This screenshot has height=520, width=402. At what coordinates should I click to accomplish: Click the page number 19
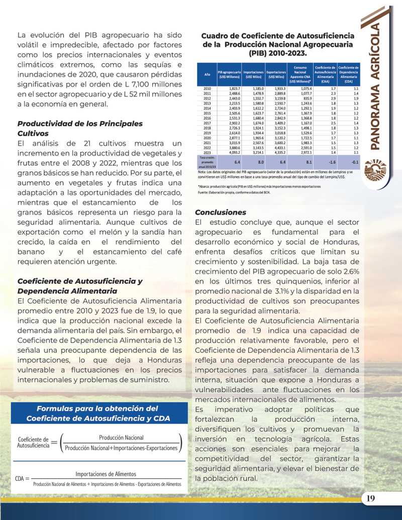point(371,498)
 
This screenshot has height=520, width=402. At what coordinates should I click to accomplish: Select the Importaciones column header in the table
point(256,74)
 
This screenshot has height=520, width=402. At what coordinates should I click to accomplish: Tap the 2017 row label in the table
point(207,122)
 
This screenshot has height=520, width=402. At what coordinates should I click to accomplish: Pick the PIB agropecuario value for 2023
point(233,151)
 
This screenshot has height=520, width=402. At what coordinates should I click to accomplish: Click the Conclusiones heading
point(221,213)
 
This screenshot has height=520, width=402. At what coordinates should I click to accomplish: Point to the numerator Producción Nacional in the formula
point(121,438)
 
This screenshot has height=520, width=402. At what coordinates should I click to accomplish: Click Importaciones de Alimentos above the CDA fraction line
point(106,474)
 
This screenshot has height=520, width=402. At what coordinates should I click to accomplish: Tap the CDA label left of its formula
point(21,479)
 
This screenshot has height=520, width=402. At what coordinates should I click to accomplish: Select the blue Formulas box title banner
point(98,413)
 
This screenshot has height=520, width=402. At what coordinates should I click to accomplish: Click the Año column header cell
point(207,74)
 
